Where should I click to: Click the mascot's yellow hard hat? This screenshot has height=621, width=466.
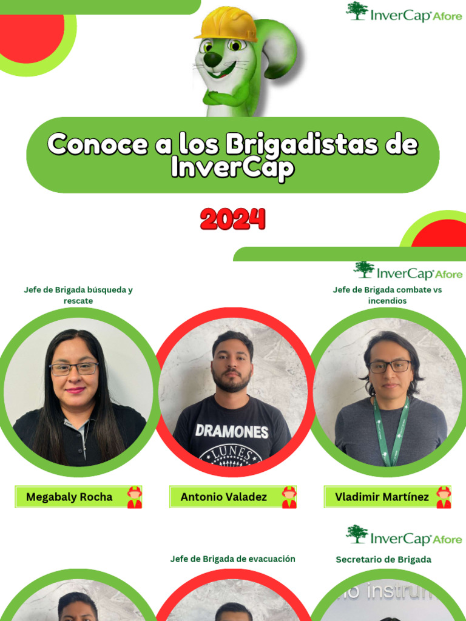pos(226,24)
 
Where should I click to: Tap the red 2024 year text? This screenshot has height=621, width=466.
pos(233,220)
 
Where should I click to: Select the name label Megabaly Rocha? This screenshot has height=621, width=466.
pos(69,497)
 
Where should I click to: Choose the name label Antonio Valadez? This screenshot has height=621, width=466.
pos(224,497)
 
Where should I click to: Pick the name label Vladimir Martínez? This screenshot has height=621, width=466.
pos(382,497)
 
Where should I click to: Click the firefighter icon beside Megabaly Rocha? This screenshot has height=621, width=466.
pos(134,497)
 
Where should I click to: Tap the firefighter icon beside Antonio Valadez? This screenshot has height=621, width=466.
pos(289,497)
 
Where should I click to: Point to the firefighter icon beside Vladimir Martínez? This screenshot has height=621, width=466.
pos(444,497)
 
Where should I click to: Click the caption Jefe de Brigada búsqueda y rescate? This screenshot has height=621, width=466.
pos(78,295)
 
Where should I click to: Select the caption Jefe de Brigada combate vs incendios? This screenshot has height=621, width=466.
pos(387,295)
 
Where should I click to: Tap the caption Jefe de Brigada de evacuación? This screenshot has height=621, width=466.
pos(233,559)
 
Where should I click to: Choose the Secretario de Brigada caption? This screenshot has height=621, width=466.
pos(383,559)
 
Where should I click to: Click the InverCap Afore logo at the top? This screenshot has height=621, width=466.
pos(404,13)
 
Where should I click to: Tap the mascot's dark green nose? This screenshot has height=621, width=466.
pos(212,59)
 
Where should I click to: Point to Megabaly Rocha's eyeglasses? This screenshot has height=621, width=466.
pos(74,368)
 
